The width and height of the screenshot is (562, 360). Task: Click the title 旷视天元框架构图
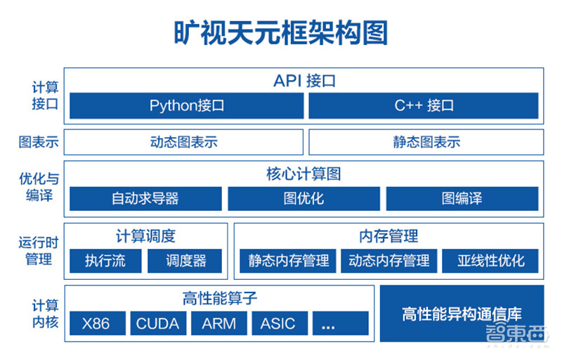[x=280, y=32]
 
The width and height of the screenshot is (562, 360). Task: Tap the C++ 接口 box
[x=424, y=105]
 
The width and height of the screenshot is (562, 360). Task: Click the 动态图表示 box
[x=184, y=142]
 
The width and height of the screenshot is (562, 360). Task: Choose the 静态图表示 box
[x=426, y=142]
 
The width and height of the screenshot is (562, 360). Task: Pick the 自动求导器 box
[x=145, y=198]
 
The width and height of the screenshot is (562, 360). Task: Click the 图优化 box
[x=303, y=198]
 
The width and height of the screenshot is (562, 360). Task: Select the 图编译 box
[x=462, y=198]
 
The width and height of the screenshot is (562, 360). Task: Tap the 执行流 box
[x=105, y=261]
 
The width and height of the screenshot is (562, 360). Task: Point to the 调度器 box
[x=185, y=261]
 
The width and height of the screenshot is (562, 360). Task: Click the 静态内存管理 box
[x=288, y=261]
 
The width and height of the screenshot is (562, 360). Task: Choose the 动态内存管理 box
[x=389, y=261]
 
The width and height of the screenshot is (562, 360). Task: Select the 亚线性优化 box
[x=490, y=261]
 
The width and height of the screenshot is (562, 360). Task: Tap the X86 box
[x=96, y=323]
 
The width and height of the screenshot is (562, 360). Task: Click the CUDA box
[x=157, y=323]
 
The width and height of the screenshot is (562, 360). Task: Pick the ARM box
[x=218, y=323]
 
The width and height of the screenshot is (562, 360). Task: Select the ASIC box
[x=278, y=323]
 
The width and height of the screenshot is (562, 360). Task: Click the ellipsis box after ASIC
[x=340, y=323]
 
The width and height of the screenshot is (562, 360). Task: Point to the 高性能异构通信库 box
[x=462, y=314]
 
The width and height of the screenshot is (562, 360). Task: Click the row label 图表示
[x=39, y=142]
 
